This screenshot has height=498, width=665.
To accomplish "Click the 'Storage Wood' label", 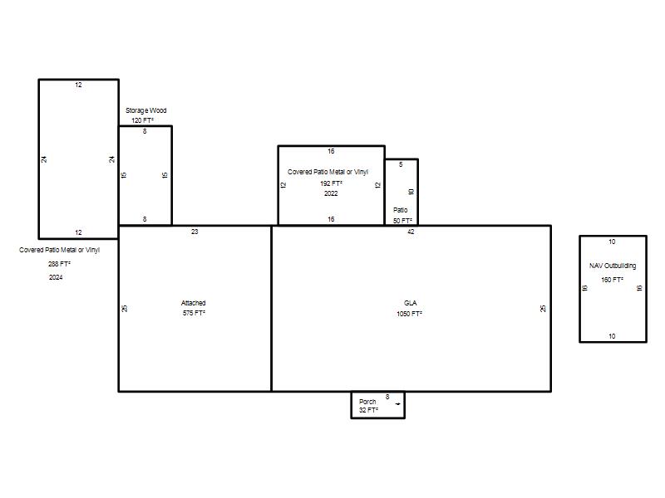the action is [146, 110].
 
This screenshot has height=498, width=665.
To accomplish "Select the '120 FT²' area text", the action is [142, 120].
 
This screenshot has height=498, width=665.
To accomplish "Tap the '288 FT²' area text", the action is [59, 264].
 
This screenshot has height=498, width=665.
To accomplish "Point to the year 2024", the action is [56, 277].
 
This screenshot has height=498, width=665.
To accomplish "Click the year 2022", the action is [331, 193].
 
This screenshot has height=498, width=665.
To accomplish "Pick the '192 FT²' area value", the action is [331, 183].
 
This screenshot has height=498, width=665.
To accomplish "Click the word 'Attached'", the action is [194, 303].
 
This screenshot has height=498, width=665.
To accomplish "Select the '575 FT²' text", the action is [195, 313].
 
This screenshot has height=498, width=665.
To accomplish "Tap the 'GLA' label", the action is [410, 303].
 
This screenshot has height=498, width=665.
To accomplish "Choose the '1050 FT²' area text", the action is [409, 314].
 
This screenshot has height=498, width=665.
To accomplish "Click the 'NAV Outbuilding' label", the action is [613, 266].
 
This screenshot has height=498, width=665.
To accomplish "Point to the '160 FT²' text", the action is [612, 280].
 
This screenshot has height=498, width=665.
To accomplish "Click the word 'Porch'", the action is [367, 402].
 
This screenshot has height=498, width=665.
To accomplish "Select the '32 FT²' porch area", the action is [368, 410].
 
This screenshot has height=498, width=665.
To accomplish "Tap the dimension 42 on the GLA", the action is [411, 232].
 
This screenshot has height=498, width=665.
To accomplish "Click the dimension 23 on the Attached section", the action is [195, 232].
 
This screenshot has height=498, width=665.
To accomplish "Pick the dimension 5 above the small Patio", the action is [401, 164].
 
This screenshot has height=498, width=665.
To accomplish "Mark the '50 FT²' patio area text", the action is [402, 221].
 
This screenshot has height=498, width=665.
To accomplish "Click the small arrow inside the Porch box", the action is [398, 404].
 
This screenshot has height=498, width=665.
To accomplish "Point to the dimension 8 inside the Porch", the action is [387, 397].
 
